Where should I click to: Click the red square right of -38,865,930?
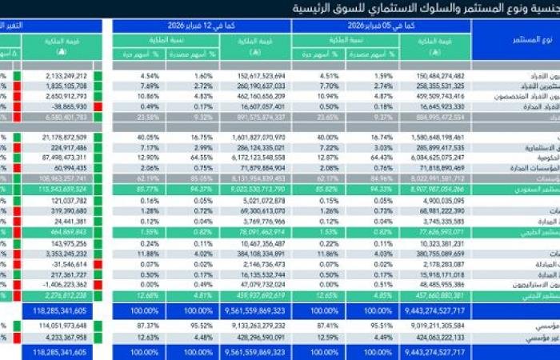[x=97, y=105]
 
